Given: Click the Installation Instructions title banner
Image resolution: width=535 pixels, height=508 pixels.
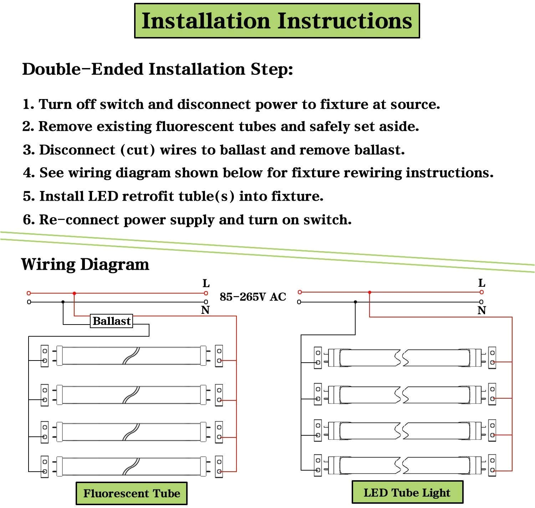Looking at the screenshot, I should tap(277, 21).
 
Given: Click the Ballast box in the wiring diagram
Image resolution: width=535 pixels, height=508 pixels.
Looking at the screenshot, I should tap(111, 321).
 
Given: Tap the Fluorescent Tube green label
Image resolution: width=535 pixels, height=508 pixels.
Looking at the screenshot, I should tap(132, 493).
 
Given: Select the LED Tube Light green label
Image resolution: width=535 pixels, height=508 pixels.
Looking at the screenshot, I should tap(407, 492).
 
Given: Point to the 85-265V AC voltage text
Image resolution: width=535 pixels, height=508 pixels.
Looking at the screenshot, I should tap(253, 297).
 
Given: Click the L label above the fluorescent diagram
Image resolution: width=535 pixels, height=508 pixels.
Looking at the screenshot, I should tap(206, 284).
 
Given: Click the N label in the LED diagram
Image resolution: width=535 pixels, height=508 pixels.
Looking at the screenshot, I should tap(481, 311).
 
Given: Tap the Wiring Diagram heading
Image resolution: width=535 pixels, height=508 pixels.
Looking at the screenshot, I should tap(85, 264).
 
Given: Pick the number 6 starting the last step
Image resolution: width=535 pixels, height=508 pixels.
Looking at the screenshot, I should tap(27, 220).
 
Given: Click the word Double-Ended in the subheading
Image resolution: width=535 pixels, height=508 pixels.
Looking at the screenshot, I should tap(83, 69).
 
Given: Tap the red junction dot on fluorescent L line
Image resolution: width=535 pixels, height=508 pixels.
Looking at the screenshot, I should tap(74, 294).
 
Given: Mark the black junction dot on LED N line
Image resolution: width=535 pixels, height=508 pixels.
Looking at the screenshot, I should tap(355, 302).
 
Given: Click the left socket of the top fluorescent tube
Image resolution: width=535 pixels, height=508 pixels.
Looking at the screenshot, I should tap(45, 356).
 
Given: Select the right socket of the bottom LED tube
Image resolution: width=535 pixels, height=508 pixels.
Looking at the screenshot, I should tap(492, 465).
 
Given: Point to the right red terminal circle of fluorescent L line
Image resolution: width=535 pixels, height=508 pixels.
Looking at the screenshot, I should tap(206, 293).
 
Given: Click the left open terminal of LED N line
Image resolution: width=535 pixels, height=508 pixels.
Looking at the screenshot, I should tap(299, 302).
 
